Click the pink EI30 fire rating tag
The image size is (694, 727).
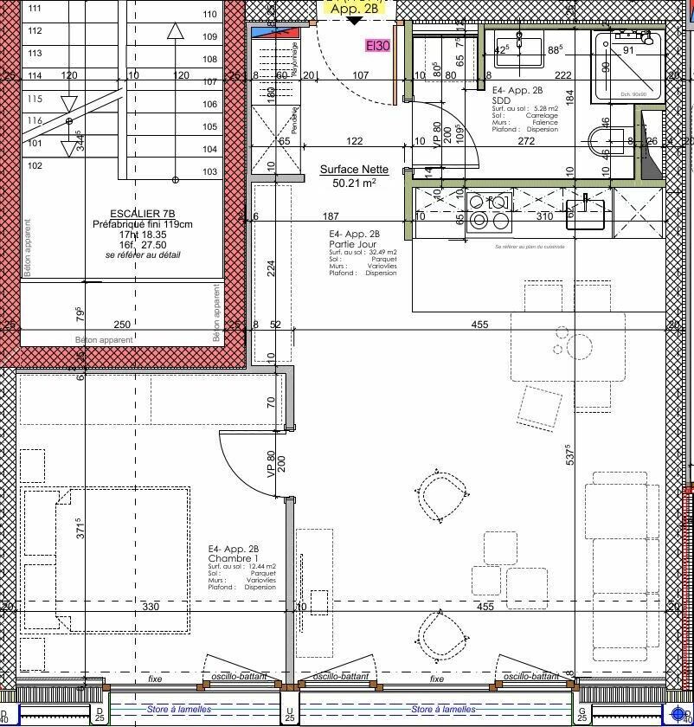377,46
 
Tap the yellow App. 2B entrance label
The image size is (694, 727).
354,8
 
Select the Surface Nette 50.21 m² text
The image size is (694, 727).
354,177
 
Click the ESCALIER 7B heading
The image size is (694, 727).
143,214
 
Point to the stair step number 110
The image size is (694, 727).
209,14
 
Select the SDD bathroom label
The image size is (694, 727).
501,100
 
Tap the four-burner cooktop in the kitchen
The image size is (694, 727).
490,210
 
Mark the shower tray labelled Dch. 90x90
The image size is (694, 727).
628,67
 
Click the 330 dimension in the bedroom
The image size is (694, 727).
151,607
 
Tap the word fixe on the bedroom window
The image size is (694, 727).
156,679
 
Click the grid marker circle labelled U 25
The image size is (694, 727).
289,715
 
